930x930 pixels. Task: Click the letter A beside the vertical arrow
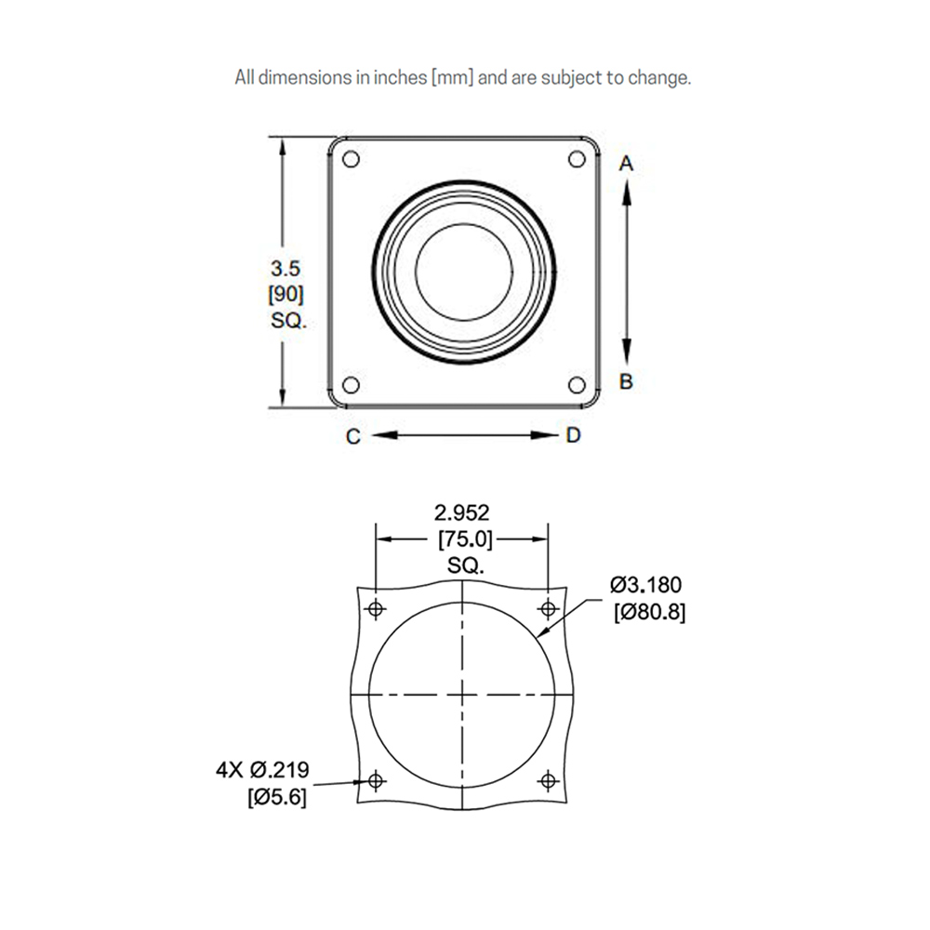626,164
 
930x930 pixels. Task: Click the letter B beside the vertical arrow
626,381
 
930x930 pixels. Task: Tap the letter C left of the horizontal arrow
353,436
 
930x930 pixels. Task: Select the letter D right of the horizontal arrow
573,435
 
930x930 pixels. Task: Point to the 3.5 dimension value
285,270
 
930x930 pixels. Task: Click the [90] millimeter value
285,297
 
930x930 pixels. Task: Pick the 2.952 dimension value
462,511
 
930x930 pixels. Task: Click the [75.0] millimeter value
462,538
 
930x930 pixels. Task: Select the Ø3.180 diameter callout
646,585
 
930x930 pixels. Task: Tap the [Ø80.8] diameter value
649,612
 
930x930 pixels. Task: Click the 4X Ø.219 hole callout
262,770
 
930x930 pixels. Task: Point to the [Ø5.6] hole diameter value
276,797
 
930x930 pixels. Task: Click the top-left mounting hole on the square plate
351,159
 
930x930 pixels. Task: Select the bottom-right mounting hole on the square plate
576,385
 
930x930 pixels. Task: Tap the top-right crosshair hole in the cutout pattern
548,609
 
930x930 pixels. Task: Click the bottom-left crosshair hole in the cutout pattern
377,780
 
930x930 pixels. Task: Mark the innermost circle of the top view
463,272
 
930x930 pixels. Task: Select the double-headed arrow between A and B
626,272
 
